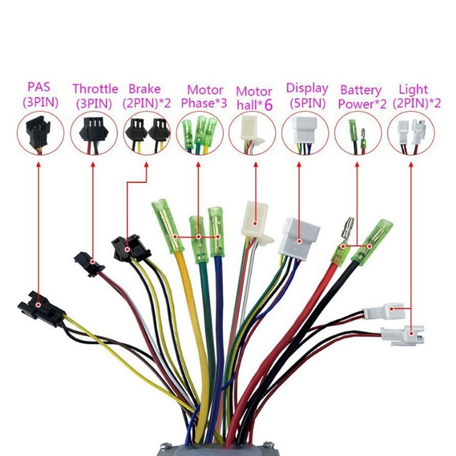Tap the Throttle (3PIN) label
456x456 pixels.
point(95,95)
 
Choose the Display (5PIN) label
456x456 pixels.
point(307,95)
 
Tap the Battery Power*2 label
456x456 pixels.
point(360,96)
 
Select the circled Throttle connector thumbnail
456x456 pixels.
point(93,133)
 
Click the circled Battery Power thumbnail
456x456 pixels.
point(358,133)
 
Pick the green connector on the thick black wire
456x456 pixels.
point(371,241)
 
